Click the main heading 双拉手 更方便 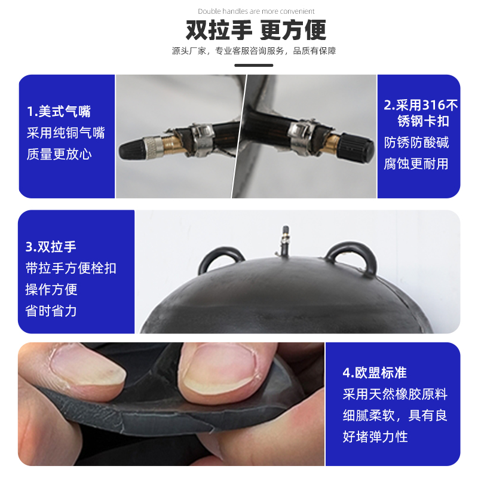[256, 30]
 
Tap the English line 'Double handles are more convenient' [256, 11]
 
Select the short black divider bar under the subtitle [253, 65]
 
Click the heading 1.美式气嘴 [59, 111]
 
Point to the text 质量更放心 [59, 154]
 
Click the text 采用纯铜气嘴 [66, 133]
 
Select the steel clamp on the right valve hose [301, 137]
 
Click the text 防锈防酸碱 [416, 142]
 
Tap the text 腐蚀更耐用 [416, 164]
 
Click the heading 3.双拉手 [51, 247]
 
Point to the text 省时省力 [51, 311]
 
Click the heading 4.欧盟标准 [375, 372]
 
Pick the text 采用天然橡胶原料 [395, 394]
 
